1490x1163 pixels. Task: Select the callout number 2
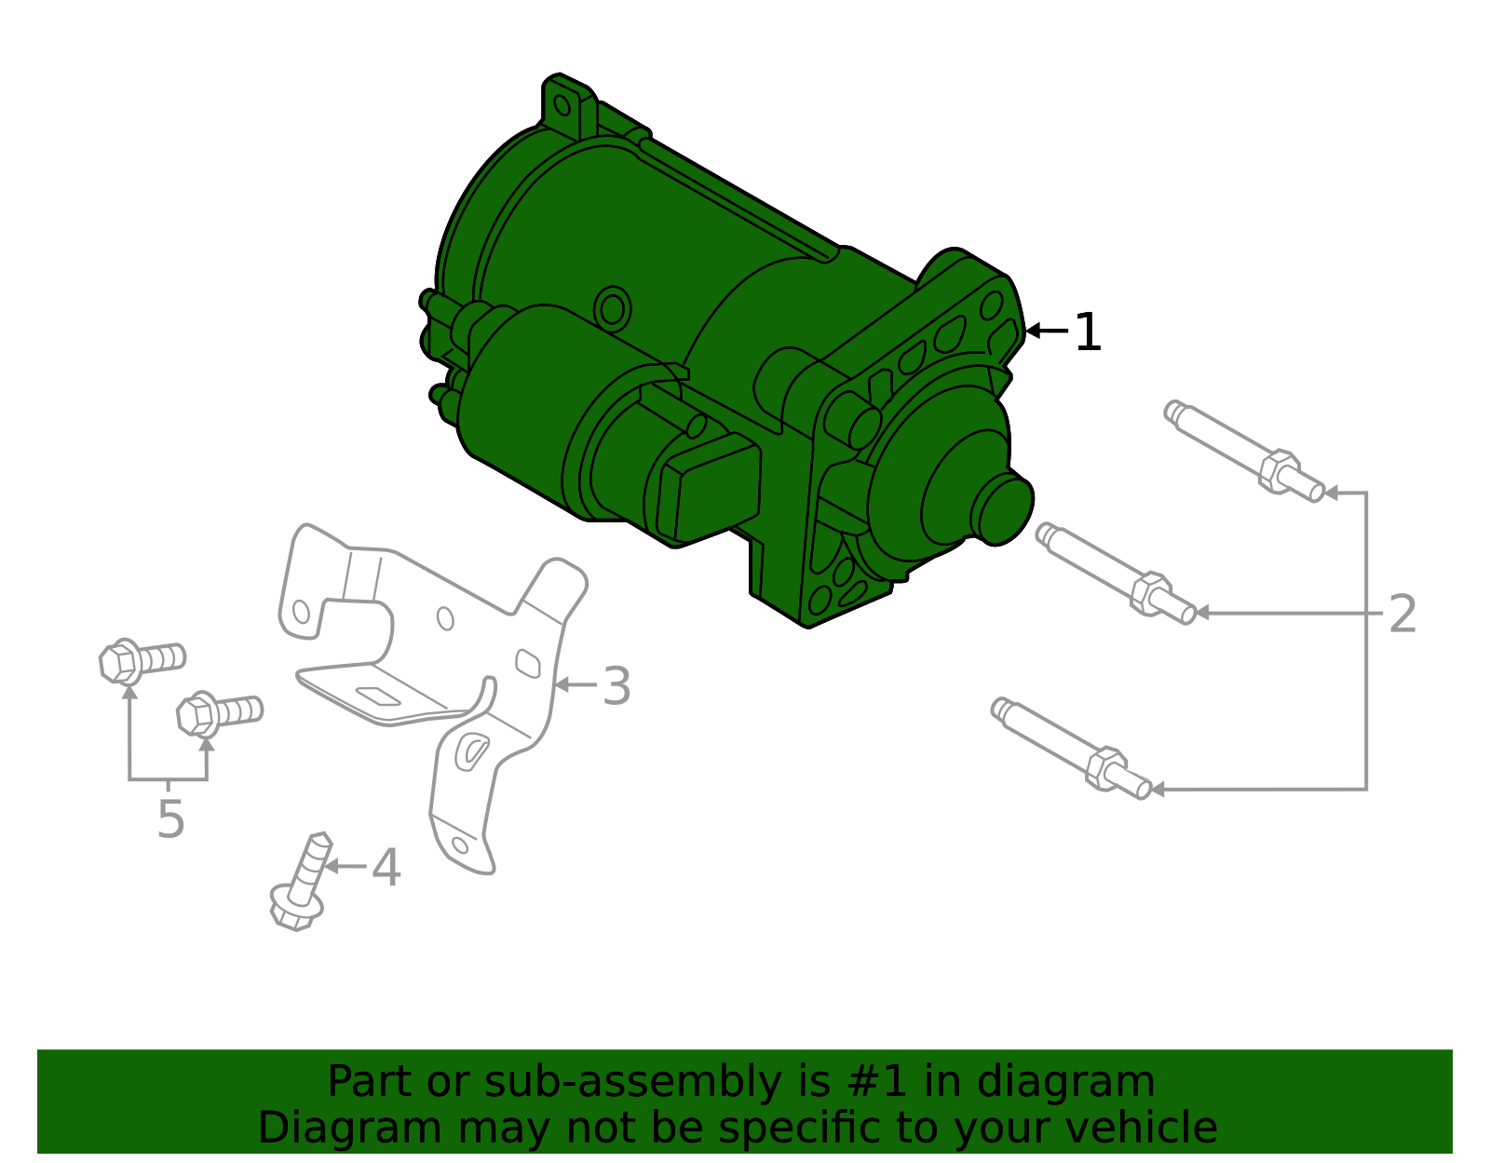(x=1402, y=614)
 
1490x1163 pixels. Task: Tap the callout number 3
(x=616, y=685)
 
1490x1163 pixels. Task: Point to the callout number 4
(x=386, y=867)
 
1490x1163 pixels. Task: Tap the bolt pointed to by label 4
(x=301, y=883)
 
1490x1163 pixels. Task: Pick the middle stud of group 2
(x=1117, y=573)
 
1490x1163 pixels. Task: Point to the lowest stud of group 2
(x=1072, y=749)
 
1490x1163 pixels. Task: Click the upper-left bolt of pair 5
(x=142, y=661)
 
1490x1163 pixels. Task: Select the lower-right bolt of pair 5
(x=220, y=713)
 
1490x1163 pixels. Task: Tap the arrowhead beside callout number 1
(x=1033, y=331)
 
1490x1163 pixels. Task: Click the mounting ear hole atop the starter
(x=562, y=105)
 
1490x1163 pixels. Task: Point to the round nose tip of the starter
(x=1004, y=510)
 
